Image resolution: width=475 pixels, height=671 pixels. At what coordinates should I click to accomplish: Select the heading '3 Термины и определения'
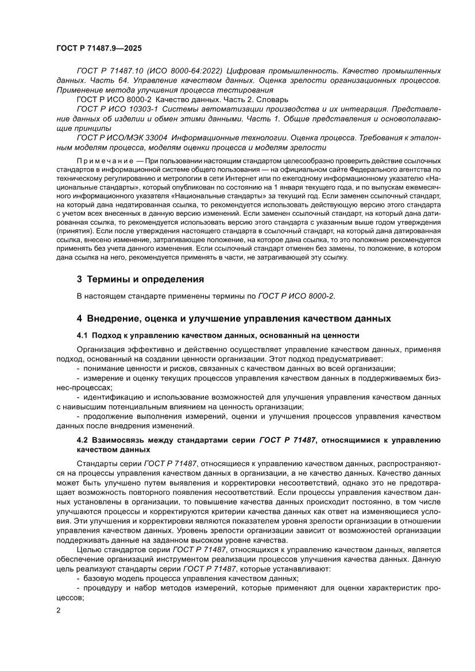point(141,280)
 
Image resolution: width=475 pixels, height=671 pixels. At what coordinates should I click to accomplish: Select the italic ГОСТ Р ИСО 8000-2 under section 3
point(295,296)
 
